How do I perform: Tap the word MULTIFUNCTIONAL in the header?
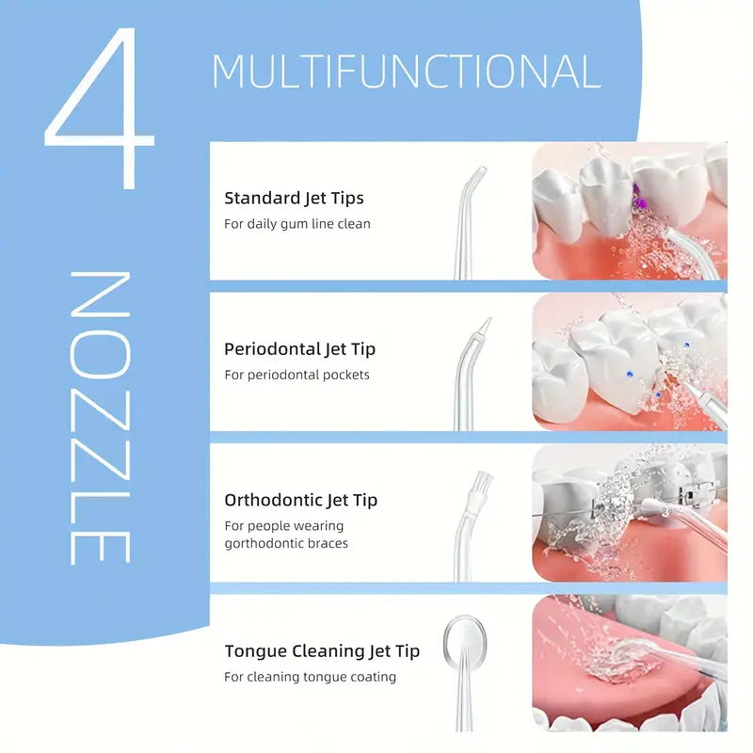click(x=406, y=72)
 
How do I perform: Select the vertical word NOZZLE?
click(x=100, y=419)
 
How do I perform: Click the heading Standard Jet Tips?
click(x=294, y=198)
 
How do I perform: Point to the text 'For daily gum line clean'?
click(x=297, y=224)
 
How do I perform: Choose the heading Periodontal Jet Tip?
click(x=299, y=348)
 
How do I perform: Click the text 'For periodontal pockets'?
click(x=296, y=375)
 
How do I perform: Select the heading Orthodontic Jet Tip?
click(x=300, y=500)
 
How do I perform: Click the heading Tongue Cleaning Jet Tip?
click(x=322, y=650)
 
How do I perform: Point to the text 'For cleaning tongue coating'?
click(x=310, y=677)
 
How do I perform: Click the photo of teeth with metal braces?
click(x=629, y=512)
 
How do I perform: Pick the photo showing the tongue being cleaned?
click(x=629, y=663)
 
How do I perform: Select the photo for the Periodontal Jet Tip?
click(x=629, y=361)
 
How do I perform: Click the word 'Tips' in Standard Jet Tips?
click(x=345, y=198)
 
